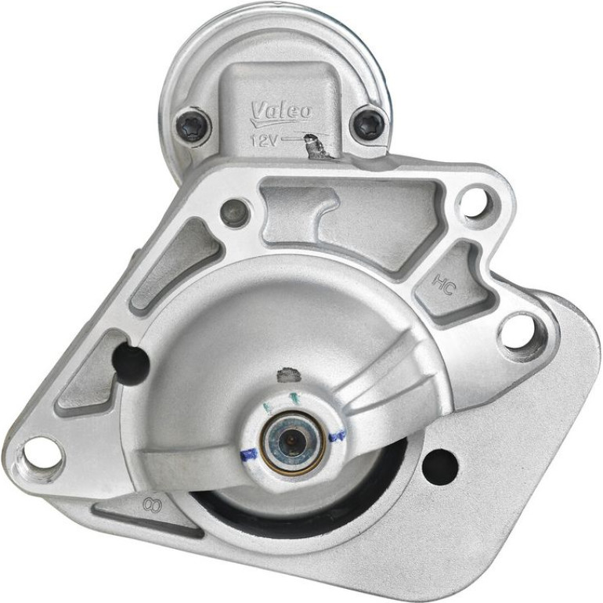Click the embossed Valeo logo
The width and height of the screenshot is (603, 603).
tap(281, 113)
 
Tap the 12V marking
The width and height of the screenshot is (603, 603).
tap(264, 140)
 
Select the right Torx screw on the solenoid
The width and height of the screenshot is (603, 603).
tap(369, 124)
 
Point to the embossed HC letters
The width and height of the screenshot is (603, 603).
tap(444, 283)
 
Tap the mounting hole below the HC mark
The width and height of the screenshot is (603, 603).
tap(518, 334)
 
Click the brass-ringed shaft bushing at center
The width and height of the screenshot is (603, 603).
tap(292, 442)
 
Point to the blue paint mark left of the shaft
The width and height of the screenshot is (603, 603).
tap(248, 454)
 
